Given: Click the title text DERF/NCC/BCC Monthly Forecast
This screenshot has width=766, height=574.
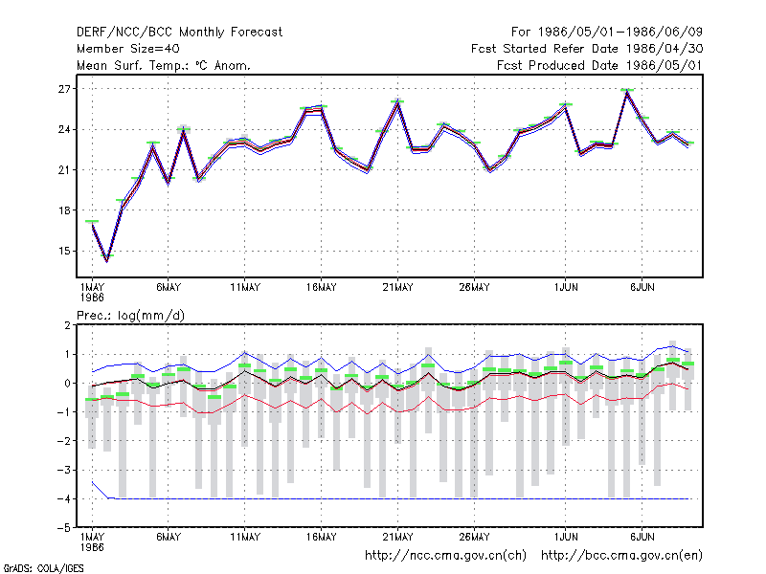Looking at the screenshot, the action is point(179,33).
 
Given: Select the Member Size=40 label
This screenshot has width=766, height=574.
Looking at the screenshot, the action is point(128,49).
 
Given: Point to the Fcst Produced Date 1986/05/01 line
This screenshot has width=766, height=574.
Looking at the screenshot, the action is point(599,65).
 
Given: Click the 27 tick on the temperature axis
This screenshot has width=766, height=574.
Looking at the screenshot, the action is point(64,89).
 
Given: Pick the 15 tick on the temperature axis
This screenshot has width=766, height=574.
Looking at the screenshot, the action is point(64,251).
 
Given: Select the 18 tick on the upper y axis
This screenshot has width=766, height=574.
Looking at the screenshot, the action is point(64,210).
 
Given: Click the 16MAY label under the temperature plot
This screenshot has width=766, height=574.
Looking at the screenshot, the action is point(322,287).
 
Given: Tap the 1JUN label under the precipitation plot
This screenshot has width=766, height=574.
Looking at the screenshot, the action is point(566,537).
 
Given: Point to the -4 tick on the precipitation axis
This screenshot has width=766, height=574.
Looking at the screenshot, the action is point(64,498).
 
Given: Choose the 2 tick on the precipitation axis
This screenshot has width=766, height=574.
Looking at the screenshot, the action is point(67,325).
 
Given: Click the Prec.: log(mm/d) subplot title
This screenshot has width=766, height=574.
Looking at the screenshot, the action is point(130,316).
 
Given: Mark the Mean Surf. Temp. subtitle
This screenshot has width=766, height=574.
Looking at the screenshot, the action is point(164,65).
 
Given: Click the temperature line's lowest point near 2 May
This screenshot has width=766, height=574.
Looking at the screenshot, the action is point(107,261).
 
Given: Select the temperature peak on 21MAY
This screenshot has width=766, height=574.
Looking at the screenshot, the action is point(398,101).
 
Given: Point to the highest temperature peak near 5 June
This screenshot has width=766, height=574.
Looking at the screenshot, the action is point(627,91).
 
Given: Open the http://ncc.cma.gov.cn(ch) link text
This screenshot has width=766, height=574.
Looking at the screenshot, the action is point(445,555).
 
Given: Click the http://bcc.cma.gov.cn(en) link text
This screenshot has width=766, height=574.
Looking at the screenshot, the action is point(621,555).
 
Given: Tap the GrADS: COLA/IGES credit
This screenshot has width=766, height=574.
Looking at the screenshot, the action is point(44,568).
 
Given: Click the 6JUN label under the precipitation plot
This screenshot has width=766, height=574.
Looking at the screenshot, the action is point(642,537).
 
